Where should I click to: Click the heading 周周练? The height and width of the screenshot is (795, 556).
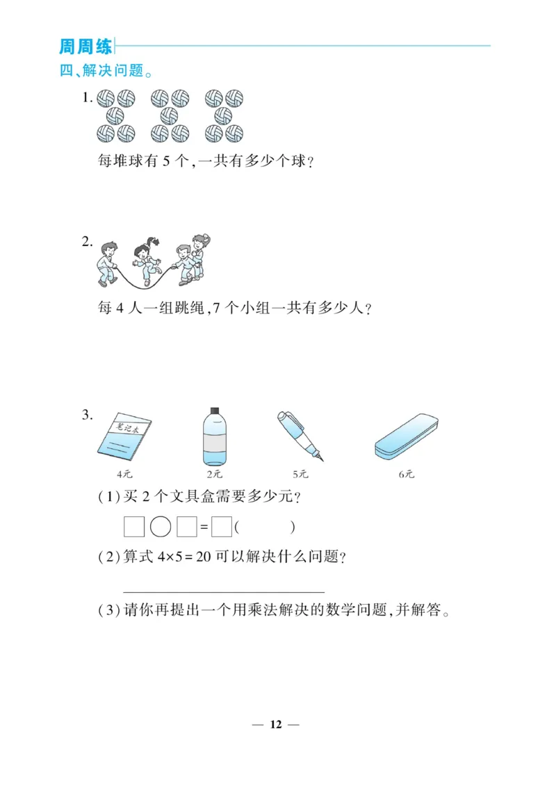click(x=85, y=47)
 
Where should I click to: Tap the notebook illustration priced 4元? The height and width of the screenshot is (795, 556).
click(x=124, y=437)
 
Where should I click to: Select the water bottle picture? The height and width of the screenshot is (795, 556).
click(x=214, y=436)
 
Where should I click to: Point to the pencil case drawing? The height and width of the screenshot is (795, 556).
click(x=407, y=436)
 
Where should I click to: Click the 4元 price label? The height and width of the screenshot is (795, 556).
click(x=124, y=474)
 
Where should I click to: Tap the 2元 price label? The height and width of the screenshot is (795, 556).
click(x=214, y=474)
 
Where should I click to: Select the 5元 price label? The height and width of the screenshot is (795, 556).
click(x=300, y=474)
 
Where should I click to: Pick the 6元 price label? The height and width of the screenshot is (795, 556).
click(x=407, y=474)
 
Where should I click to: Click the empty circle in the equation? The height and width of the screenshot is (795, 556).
click(x=161, y=527)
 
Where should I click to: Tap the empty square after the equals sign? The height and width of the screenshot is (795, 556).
click(x=221, y=527)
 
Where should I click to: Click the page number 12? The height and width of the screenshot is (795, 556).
click(x=276, y=724)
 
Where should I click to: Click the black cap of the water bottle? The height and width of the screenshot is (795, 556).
click(x=214, y=411)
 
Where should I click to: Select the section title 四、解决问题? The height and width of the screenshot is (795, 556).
click(x=106, y=70)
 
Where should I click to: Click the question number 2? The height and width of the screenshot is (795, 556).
click(x=86, y=242)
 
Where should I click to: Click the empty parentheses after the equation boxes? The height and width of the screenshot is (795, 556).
click(x=265, y=527)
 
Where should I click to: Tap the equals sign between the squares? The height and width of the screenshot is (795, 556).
click(x=204, y=528)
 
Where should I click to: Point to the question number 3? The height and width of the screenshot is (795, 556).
click(x=86, y=416)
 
